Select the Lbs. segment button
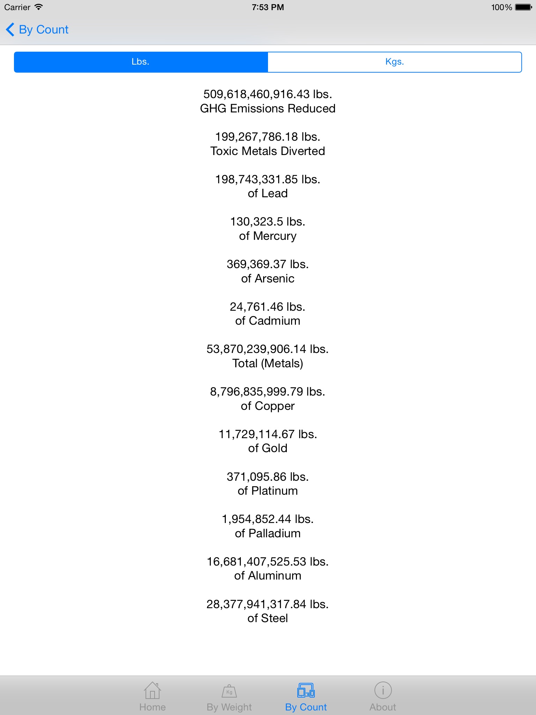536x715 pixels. click(141, 62)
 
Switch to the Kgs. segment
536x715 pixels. click(394, 62)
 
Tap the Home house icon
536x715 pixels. click(152, 691)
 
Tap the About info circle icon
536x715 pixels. click(383, 690)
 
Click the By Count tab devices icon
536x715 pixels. click(306, 691)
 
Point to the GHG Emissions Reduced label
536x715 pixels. click(268, 109)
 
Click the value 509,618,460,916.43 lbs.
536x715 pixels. click(268, 94)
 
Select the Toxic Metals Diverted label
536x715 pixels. click(268, 151)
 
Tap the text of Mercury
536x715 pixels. click(268, 236)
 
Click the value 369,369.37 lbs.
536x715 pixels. click(268, 264)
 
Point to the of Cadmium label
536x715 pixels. click(268, 321)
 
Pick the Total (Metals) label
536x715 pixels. click(268, 363)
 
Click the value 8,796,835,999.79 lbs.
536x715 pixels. click(268, 392)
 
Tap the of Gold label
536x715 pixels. click(268, 448)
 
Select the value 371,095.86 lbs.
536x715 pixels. click(268, 477)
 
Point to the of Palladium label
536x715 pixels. click(268, 533)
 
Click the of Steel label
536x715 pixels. click(268, 618)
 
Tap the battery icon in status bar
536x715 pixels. click(523, 7)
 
